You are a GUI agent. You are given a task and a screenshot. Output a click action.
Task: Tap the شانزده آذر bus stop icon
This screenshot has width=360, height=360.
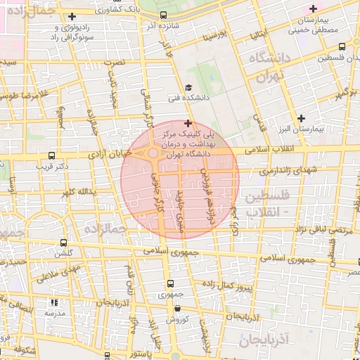coord(164,15)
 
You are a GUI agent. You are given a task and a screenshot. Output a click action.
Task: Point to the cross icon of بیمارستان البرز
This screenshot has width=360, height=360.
coord(302,117)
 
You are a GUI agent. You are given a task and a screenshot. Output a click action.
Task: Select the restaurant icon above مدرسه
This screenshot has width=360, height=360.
coord(56,302)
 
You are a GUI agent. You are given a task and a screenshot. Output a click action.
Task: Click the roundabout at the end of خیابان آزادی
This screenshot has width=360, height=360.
coord(153,153)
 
